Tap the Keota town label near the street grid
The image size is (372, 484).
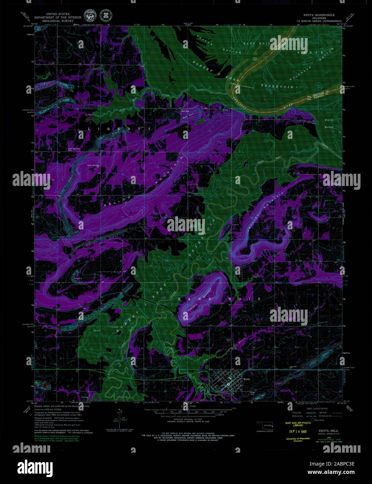coord(247,378)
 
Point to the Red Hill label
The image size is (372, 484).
coord(185,111)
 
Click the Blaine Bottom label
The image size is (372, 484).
coord(329,123)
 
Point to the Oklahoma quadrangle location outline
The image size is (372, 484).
coord(267,426)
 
